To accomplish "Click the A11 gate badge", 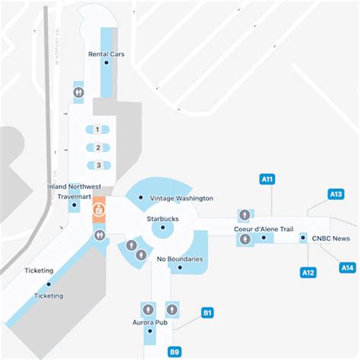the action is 267,179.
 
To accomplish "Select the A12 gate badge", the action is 308,272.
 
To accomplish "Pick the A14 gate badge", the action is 347,267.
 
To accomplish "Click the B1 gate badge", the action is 207,311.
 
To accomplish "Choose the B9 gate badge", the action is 174,351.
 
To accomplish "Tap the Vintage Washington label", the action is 181,198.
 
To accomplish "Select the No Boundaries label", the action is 179,259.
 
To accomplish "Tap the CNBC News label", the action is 330,238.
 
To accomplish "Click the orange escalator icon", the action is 99,207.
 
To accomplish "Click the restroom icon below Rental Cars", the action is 79,90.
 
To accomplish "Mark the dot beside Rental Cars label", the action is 106,62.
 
